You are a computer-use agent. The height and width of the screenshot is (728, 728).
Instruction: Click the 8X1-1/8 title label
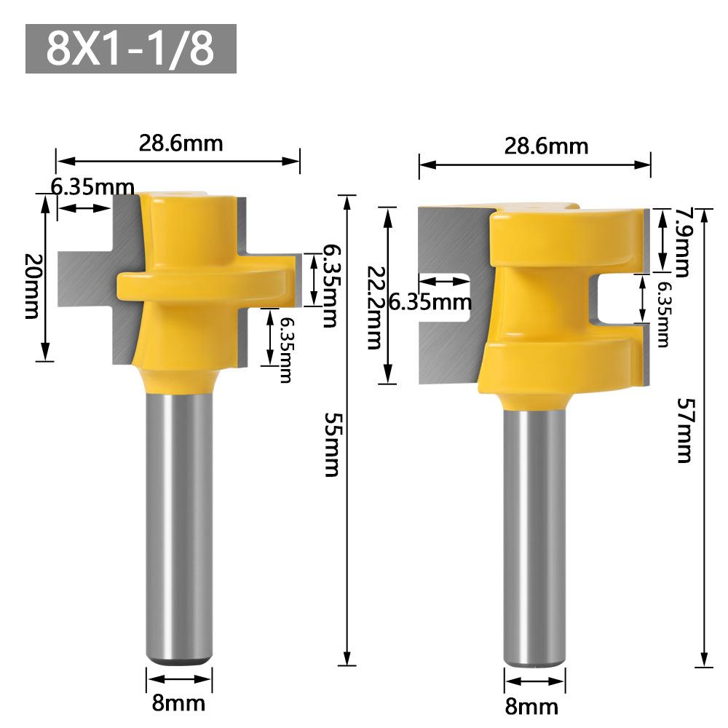[x=131, y=49]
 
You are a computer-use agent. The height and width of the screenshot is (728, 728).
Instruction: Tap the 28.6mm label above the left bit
[x=181, y=143]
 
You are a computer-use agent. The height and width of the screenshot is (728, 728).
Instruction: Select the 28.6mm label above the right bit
[x=546, y=146]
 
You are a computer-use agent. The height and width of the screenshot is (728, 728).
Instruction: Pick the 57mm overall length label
[x=684, y=430]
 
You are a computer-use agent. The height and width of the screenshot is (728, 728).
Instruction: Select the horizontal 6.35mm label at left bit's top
[x=92, y=187]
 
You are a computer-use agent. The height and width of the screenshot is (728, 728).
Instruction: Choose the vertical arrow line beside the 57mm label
[x=704, y=437]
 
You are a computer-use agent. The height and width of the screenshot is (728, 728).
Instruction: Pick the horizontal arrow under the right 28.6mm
[x=534, y=165]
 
